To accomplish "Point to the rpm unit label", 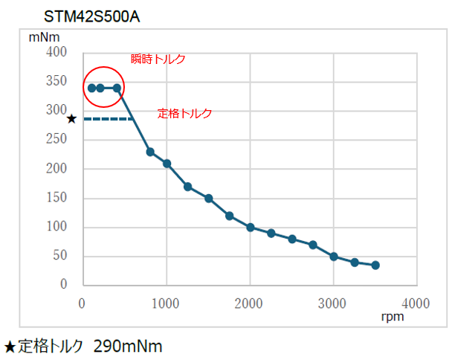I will coord(392,318).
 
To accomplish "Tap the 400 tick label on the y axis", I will coord(56,53).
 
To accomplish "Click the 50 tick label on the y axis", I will coord(60,256).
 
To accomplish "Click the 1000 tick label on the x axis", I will coord(166,303).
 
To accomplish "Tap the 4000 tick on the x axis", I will coord(416,303).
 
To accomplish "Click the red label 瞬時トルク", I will coord(158,60).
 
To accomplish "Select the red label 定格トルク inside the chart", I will coord(185,114).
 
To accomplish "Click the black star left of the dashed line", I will coord(71,118).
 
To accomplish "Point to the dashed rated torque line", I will coord(108,119).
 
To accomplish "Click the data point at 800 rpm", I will coord(150,152).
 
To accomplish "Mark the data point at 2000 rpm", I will coord(251,227).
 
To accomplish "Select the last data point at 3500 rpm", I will coord(375,266).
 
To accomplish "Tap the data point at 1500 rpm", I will coord(209,199).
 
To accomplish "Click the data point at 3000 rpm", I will coord(334,257).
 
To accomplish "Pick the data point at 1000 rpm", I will coord(167,164).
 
